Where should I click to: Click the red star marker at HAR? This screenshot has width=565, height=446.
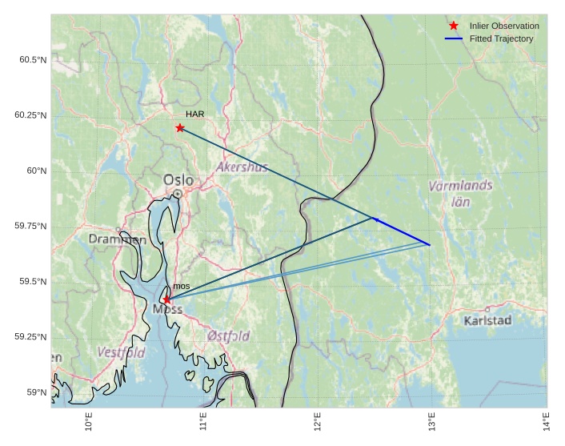(180, 128)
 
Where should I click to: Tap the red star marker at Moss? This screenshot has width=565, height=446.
(166, 299)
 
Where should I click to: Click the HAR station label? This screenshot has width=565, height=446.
(194, 115)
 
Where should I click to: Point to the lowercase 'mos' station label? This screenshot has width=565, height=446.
(182, 286)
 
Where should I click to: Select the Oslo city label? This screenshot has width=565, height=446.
(178, 180)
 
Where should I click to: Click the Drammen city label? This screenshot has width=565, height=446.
(118, 239)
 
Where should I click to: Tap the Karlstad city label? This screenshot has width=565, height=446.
(487, 320)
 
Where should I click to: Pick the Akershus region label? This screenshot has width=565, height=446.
(242, 167)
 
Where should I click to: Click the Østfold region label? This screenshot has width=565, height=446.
(228, 336)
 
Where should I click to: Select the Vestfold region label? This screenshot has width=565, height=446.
(121, 352)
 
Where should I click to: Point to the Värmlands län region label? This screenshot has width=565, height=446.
(460, 193)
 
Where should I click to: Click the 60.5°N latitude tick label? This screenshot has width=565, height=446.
(30, 60)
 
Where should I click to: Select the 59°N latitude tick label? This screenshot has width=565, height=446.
(35, 392)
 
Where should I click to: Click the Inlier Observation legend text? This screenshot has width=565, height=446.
(504, 26)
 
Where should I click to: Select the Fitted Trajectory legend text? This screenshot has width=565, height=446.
(502, 38)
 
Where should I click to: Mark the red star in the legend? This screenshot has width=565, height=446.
(454, 26)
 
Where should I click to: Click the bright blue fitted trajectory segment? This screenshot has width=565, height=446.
(403, 231)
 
